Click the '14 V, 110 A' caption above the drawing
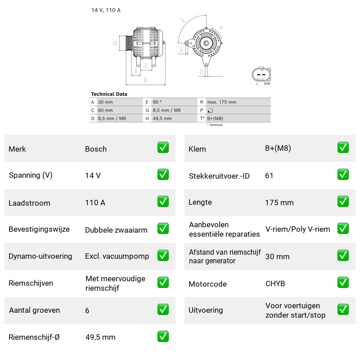[x=106, y=10]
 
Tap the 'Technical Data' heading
[x=109, y=94]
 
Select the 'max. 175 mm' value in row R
[x=222, y=102]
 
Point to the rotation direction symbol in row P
[x=210, y=110]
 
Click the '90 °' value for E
[x=157, y=102]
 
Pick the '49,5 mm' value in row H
[x=162, y=118]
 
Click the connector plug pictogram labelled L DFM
[x=261, y=74]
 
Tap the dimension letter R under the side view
[x=145, y=81]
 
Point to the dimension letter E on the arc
[x=183, y=20]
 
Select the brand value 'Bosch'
[x=96, y=149]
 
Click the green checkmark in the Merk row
[x=163, y=148]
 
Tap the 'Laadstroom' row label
[x=29, y=203]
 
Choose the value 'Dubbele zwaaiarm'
[x=116, y=230]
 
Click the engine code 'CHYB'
[x=275, y=284]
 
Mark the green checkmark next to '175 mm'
[x=343, y=201]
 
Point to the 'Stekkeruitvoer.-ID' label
[x=219, y=176]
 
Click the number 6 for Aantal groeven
[x=87, y=310]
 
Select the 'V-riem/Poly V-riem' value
[x=298, y=229]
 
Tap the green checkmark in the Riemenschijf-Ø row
[x=163, y=336]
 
